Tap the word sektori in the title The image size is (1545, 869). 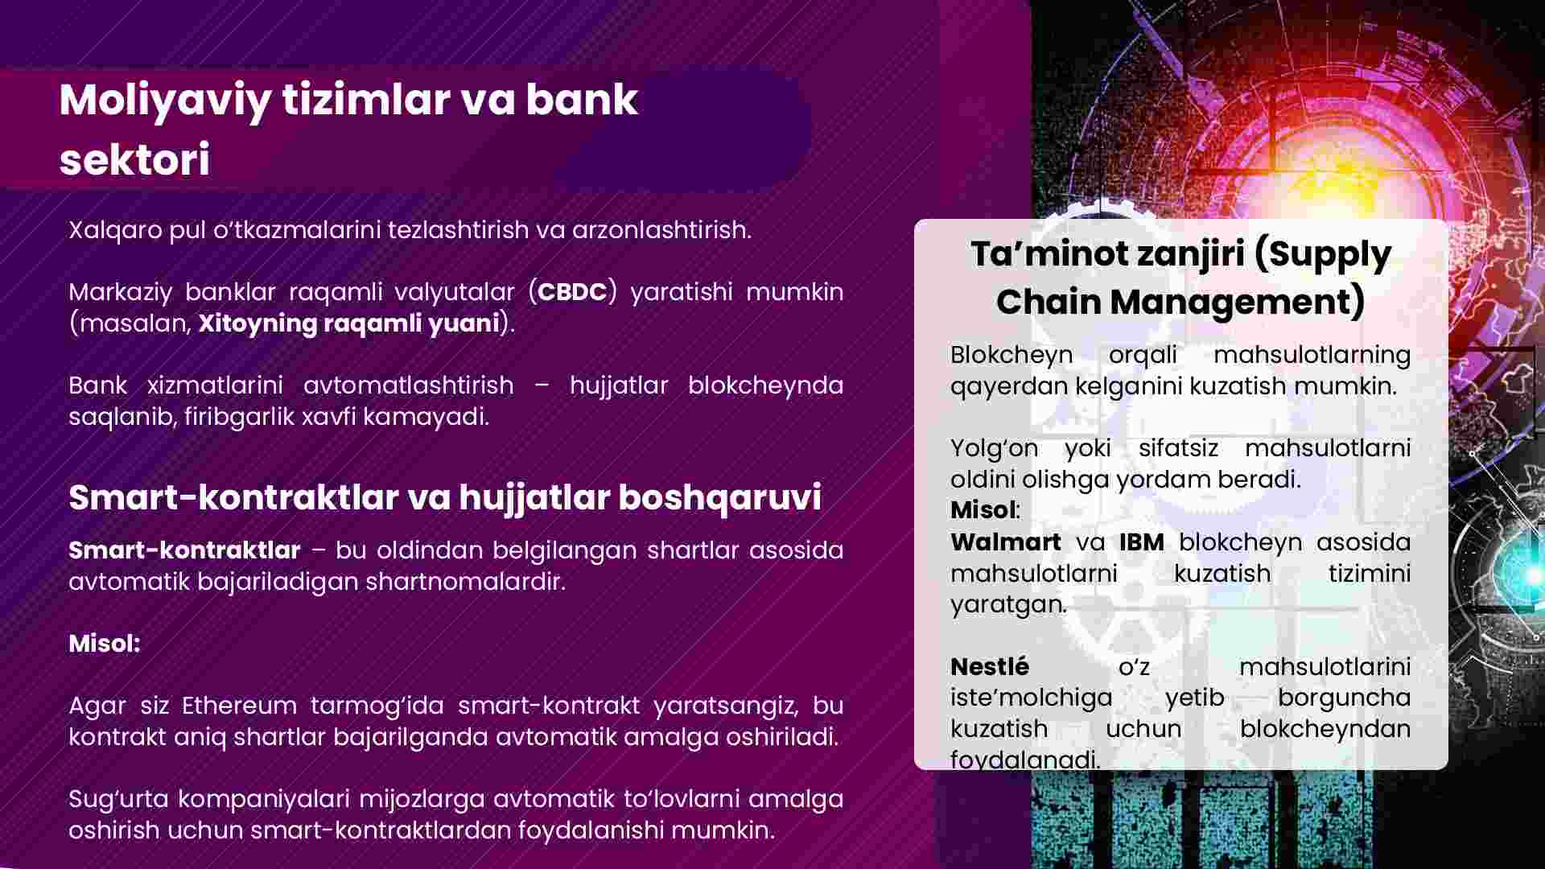pyautogui.click(x=134, y=159)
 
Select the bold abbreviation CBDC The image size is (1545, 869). pyautogui.click(x=572, y=291)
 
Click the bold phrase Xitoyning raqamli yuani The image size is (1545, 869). pyautogui.click(x=349, y=323)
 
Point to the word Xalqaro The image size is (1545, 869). pyautogui.click(x=115, y=230)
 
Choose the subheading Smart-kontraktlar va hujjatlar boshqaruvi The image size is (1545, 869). pyautogui.click(x=445, y=497)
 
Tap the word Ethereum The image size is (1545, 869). pyautogui.click(x=239, y=706)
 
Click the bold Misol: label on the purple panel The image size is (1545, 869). pyautogui.click(x=105, y=643)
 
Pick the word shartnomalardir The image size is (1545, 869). pyautogui.click(x=466, y=581)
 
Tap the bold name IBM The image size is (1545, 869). pyautogui.click(x=1141, y=542)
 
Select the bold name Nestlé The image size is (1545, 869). pyautogui.click(x=990, y=666)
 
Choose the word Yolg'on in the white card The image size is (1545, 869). pyautogui.click(x=994, y=448)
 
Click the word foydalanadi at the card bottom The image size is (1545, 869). pyautogui.click(x=1024, y=759)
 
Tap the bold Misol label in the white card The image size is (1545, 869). pyautogui.click(x=983, y=510)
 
